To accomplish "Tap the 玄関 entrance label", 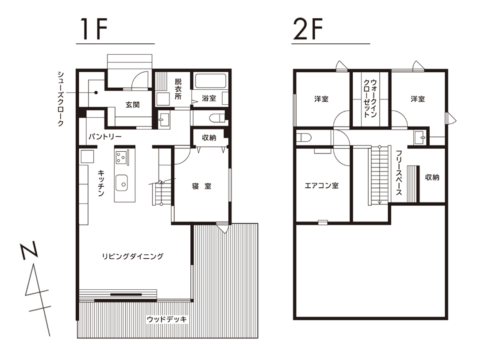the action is click(133, 105).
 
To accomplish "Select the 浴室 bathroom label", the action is click(209, 98).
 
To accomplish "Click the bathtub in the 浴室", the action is click(210, 80).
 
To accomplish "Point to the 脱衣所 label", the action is click(178, 89).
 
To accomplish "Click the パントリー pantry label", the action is click(105, 137).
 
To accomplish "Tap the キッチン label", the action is click(101, 183).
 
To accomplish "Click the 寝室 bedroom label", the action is click(201, 186).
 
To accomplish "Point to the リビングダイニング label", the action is click(133, 256).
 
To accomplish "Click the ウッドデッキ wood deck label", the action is click(166, 319).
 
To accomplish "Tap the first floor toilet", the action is click(217, 117).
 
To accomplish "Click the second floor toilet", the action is click(304, 138).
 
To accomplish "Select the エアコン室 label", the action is click(322, 185).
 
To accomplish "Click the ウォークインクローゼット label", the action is click(370, 98).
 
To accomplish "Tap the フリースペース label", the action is click(399, 172).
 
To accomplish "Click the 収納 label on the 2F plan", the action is click(432, 177).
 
